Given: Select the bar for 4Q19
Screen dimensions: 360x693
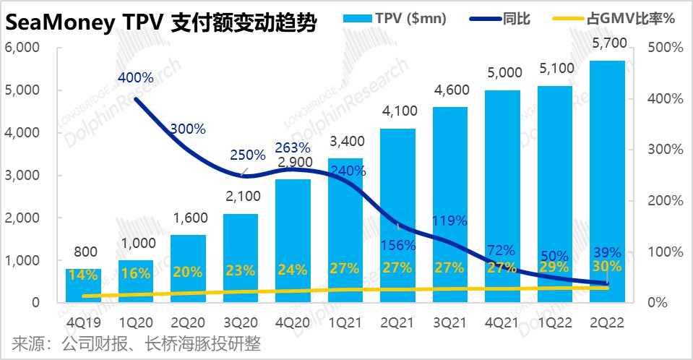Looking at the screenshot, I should point(84,286).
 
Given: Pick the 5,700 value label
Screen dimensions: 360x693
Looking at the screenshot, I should point(607,45).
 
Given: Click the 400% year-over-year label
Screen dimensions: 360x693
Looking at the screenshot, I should point(136,77).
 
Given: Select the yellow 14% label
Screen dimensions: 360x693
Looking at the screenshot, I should point(84,275).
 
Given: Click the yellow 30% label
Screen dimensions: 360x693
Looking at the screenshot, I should point(608,269).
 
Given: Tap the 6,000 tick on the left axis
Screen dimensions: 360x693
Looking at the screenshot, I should point(25,48).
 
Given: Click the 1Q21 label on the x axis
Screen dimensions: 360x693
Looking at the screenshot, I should point(345,320).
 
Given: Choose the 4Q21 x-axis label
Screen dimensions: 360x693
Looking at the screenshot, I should point(502,320).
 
